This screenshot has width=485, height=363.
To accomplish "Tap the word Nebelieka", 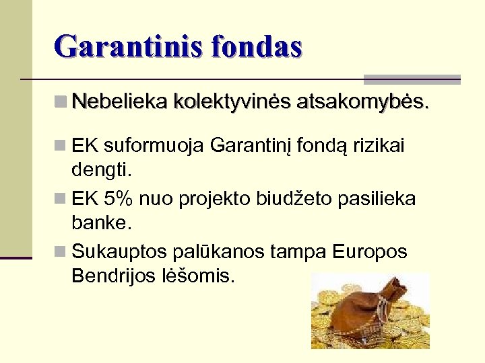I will pyautogui.click(x=119, y=102).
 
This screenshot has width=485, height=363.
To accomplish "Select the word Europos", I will pyautogui.click(x=370, y=252).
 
